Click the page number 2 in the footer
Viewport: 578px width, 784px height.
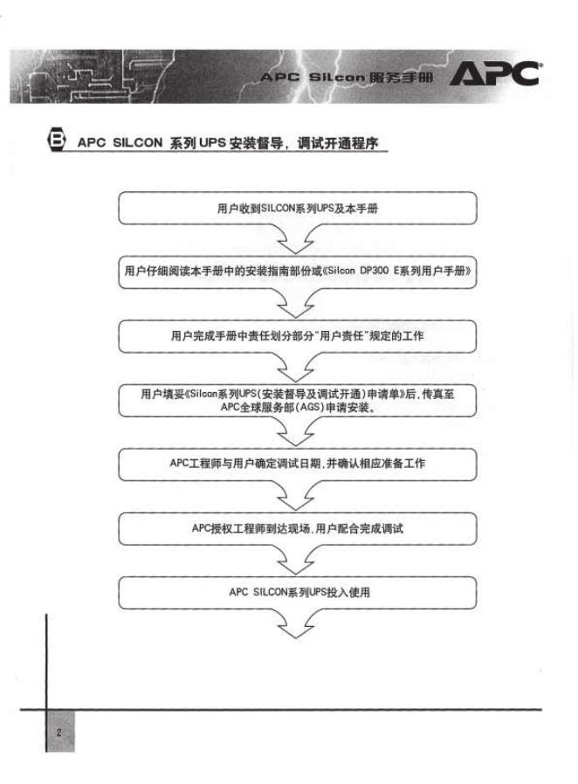(58, 732)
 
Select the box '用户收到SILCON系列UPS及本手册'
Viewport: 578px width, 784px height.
(297, 210)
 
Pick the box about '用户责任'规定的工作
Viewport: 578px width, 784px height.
(297, 334)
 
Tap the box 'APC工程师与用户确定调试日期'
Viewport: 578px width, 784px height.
(297, 463)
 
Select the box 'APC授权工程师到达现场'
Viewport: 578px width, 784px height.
(297, 528)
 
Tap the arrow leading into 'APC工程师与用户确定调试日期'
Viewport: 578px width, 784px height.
(297, 431)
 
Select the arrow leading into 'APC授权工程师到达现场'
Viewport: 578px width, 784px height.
(297, 495)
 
